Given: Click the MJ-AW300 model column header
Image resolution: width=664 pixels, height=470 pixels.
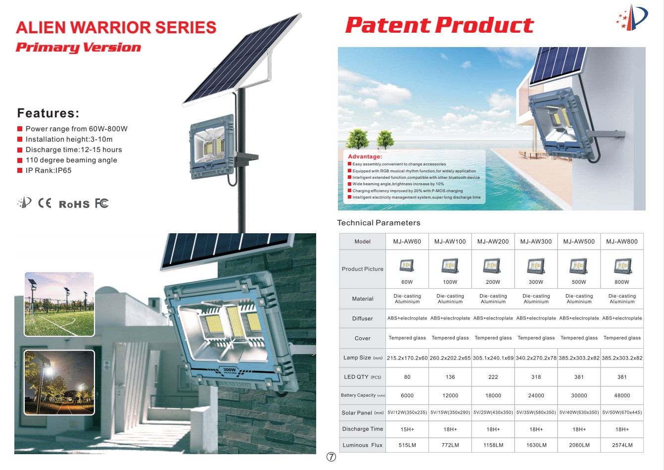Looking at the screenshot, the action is click(536, 242).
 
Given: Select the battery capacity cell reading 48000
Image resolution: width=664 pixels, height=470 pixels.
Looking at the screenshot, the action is click(622, 396).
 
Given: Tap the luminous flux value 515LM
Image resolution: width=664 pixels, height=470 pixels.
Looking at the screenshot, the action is click(407, 445).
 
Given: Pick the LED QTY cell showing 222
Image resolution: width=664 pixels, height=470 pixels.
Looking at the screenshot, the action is click(493, 377).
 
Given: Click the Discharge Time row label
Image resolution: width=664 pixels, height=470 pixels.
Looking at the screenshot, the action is click(363, 429).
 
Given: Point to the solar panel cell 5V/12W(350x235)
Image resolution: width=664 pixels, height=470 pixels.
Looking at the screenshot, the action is click(407, 413).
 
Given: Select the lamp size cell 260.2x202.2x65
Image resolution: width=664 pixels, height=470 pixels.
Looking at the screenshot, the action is click(450, 358).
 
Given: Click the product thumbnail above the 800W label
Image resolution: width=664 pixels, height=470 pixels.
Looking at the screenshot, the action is click(622, 266).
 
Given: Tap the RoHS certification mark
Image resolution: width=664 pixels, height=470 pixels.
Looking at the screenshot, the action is click(74, 205).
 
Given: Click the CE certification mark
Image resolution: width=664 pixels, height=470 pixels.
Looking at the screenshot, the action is click(45, 203).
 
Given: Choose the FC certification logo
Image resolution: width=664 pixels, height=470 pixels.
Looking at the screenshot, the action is click(101, 203).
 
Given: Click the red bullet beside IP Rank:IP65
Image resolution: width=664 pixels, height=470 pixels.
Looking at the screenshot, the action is click(20, 170).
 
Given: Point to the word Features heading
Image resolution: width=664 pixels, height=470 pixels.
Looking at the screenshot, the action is click(48, 113).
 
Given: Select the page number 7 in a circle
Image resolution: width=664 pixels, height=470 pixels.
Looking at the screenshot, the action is click(331, 457).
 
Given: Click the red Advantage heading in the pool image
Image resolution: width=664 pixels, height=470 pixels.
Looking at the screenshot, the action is click(365, 157).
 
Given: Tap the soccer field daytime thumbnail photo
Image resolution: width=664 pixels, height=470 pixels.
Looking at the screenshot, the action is click(59, 304).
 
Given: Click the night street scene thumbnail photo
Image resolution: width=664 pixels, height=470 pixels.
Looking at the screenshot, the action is click(59, 382).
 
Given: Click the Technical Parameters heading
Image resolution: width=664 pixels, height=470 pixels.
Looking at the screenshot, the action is click(379, 223).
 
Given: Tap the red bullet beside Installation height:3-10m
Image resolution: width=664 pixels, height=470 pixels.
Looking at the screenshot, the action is click(20, 140).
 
